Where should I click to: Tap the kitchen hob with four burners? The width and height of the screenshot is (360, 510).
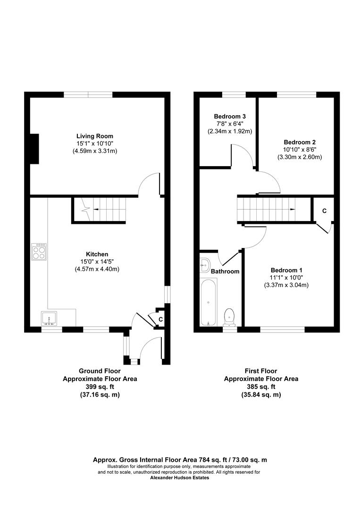point(39,252)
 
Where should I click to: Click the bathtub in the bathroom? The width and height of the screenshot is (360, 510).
point(209,303)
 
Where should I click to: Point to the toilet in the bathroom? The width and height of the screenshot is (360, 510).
point(229,317)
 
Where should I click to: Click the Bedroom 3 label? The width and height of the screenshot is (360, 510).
point(230,116)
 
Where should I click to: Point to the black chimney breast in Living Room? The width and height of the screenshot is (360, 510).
point(33,149)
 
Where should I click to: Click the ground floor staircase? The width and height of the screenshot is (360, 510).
point(100,210)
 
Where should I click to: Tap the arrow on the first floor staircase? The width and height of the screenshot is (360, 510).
point(293,209)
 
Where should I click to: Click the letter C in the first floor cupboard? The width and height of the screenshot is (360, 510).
point(324,211)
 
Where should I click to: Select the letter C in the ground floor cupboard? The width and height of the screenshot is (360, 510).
point(160,319)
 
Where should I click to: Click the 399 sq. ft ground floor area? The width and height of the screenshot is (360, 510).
point(100,386)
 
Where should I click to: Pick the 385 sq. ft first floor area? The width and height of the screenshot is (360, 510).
point(261,386)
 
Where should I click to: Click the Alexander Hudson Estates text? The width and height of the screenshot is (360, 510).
point(179,477)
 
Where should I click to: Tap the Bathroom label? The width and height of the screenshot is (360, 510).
point(225,272)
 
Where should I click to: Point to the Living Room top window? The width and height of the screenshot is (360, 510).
point(88,95)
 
